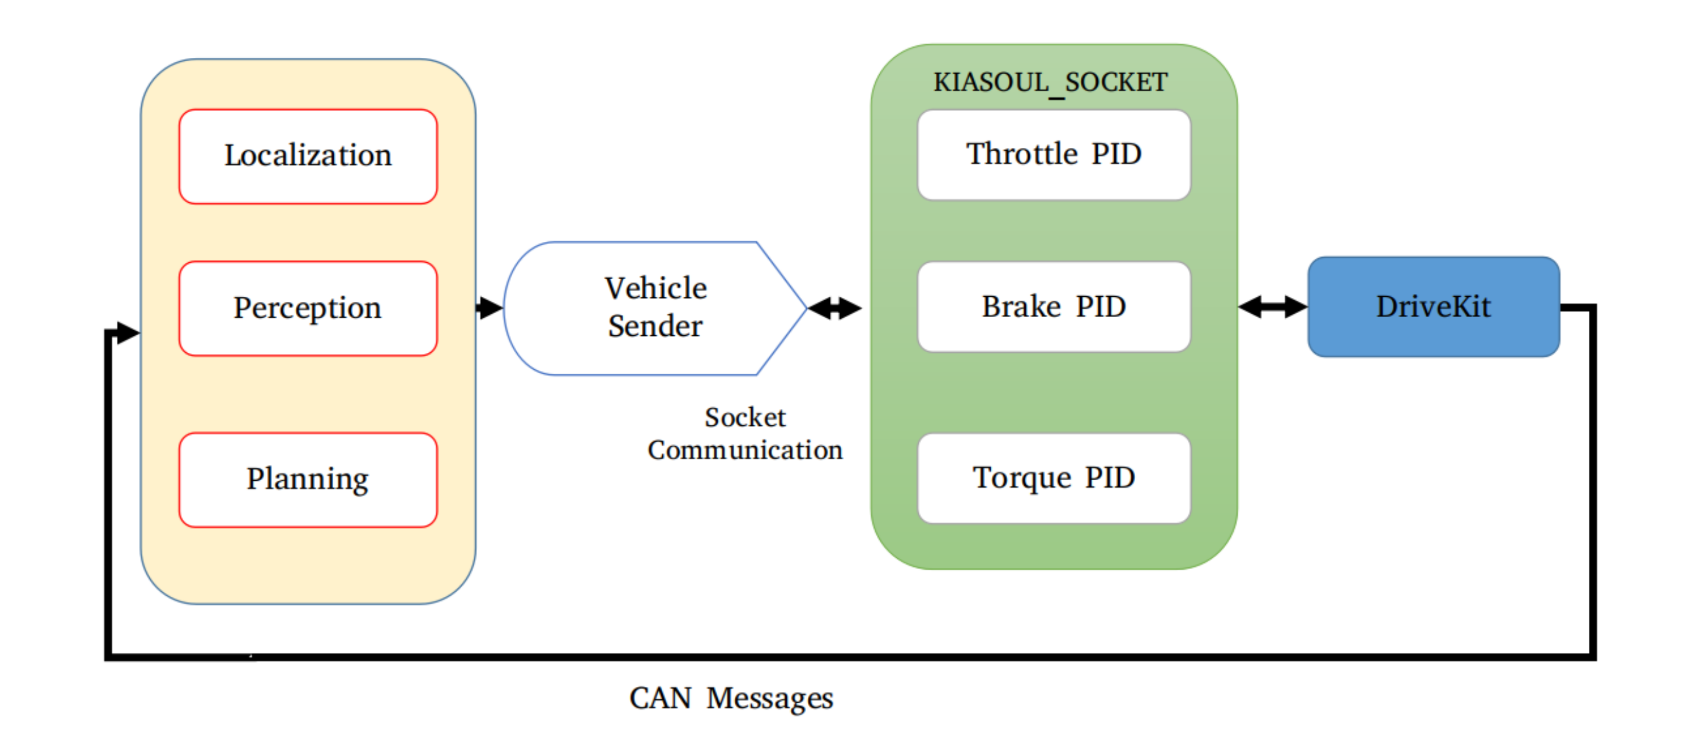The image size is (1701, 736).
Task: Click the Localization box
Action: [x=307, y=157]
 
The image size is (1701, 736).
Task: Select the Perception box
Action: [x=307, y=308]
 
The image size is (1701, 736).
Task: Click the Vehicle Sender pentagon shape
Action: [x=654, y=308]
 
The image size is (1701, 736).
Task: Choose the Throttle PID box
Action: [x=1054, y=154]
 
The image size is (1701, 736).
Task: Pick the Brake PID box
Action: [x=1054, y=307]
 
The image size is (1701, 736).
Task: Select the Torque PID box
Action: [x=1054, y=478]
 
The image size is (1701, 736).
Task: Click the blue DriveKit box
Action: [x=1433, y=307]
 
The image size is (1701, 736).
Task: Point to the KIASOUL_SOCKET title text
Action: [x=1050, y=82]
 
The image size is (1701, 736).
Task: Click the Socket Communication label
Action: [x=745, y=433]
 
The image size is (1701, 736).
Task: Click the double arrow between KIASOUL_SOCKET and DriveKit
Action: [x=1273, y=307]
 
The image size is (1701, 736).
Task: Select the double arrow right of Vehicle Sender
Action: [x=835, y=308]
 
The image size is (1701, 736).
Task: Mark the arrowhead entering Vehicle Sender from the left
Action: [x=490, y=308]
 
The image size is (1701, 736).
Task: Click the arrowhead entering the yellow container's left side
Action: [x=127, y=333]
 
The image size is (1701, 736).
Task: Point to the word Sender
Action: [x=655, y=326]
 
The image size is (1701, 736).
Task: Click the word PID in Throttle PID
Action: [x=1116, y=154]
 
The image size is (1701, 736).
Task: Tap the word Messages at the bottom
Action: [x=769, y=699]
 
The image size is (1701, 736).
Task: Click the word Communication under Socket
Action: [x=745, y=450]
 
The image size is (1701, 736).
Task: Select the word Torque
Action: [x=1022, y=478]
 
